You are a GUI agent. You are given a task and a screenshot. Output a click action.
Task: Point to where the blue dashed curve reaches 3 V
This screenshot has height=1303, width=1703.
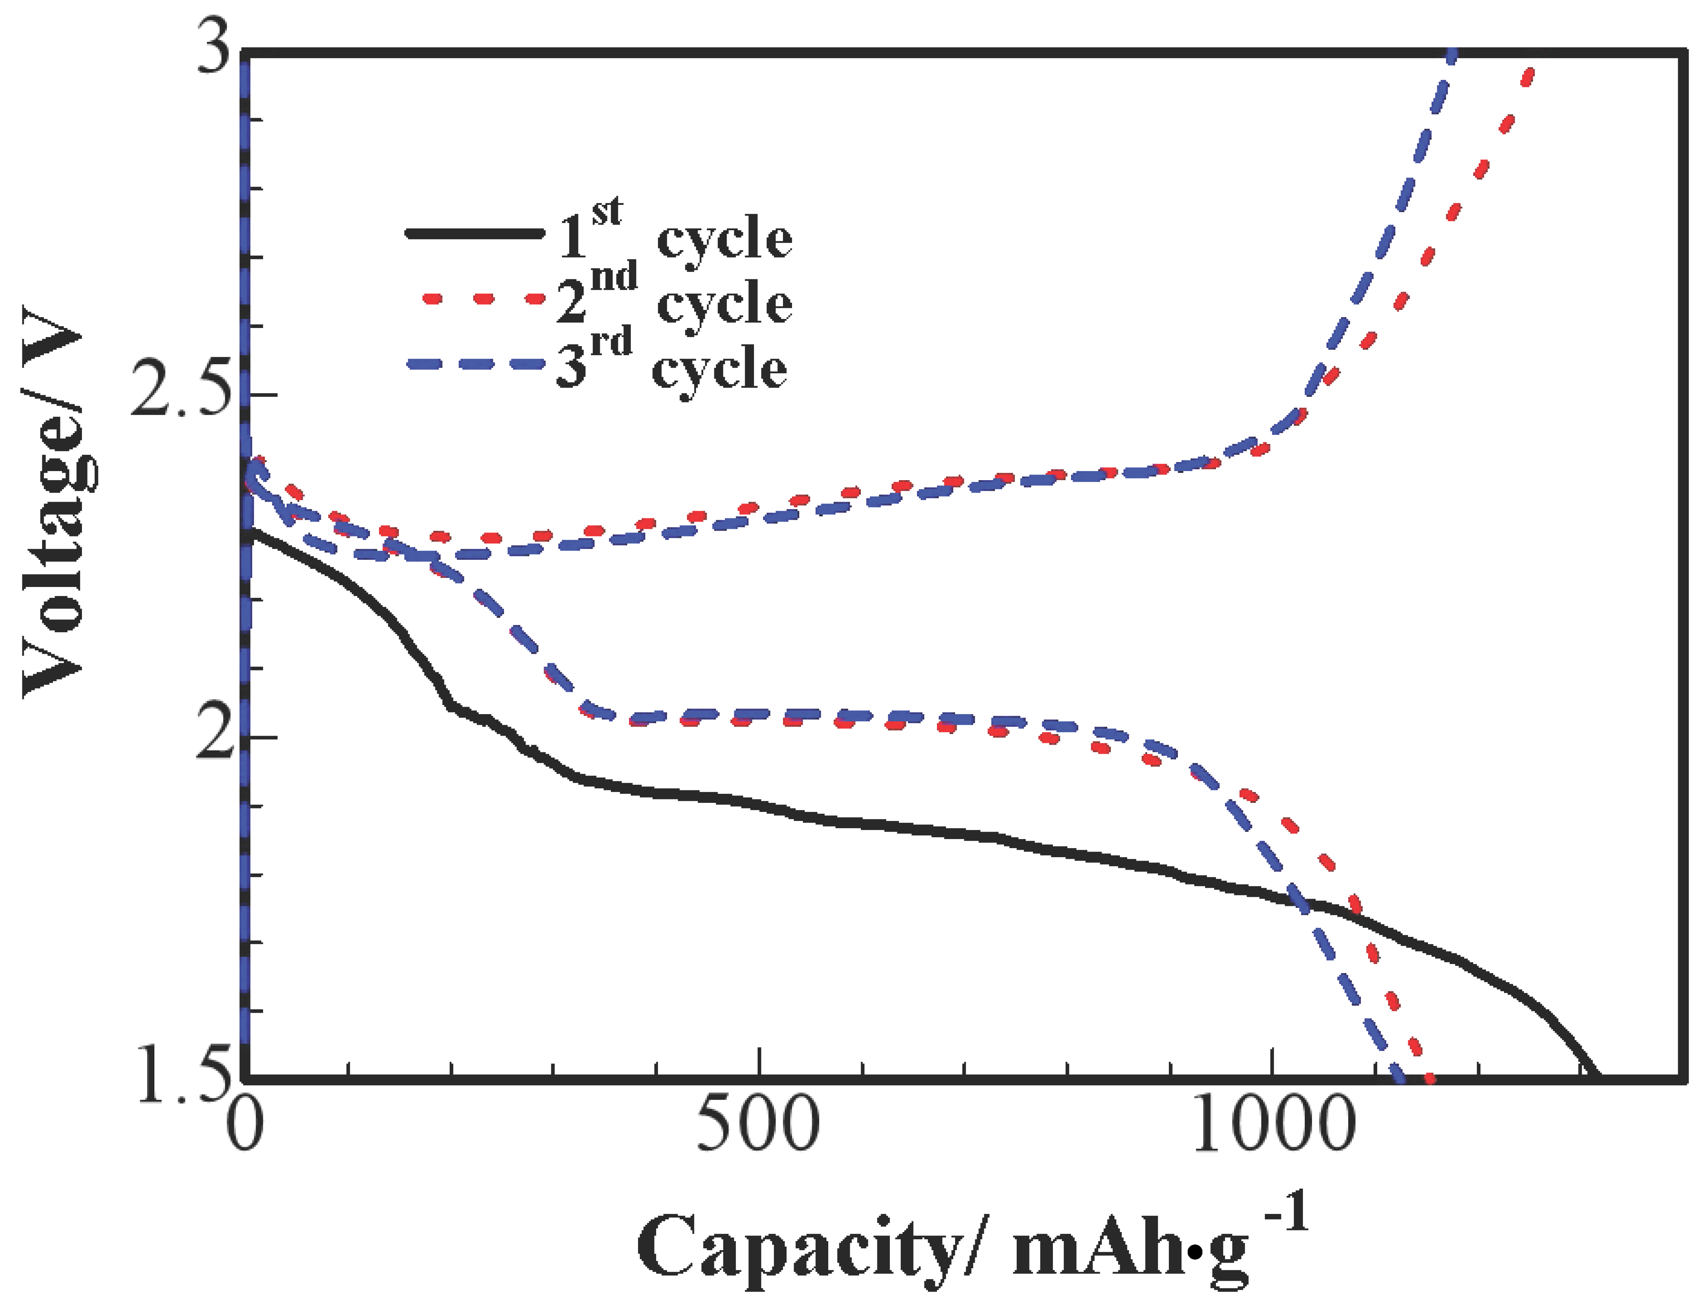[x=1452, y=53]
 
